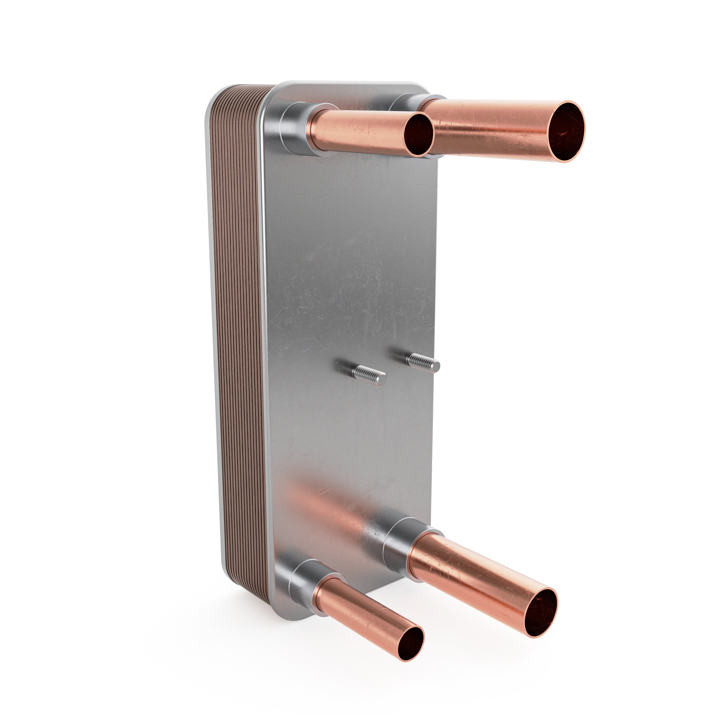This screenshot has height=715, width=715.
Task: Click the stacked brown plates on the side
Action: tap(237, 333)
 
